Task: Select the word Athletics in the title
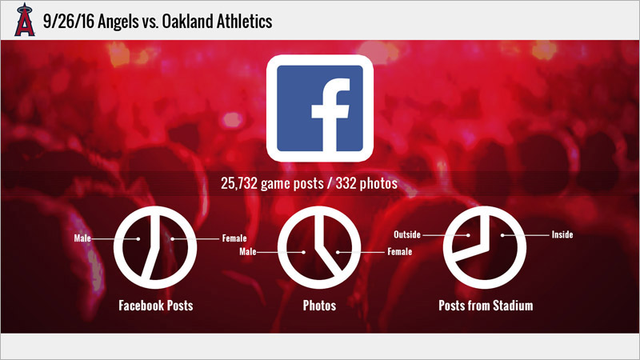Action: tap(244, 22)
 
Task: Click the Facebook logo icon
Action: tap(319, 108)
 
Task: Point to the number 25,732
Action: tap(239, 184)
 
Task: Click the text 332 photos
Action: tap(366, 184)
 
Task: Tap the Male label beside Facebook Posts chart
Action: tap(82, 238)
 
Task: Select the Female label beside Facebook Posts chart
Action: tap(234, 238)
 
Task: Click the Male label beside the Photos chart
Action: tap(248, 251)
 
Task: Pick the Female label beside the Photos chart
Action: tap(399, 251)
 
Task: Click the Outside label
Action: tap(407, 234)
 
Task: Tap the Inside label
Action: tap(562, 234)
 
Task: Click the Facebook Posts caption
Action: tap(156, 306)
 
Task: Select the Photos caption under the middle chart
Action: tap(319, 306)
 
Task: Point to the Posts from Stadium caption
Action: tap(486, 306)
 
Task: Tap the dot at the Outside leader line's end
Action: tap(468, 235)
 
